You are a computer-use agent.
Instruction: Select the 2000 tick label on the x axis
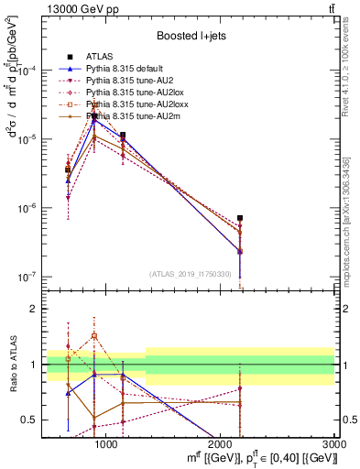click(x=221, y=445)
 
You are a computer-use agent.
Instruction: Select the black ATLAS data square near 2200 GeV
click(x=240, y=218)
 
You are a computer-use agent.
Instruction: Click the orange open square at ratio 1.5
click(x=94, y=336)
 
